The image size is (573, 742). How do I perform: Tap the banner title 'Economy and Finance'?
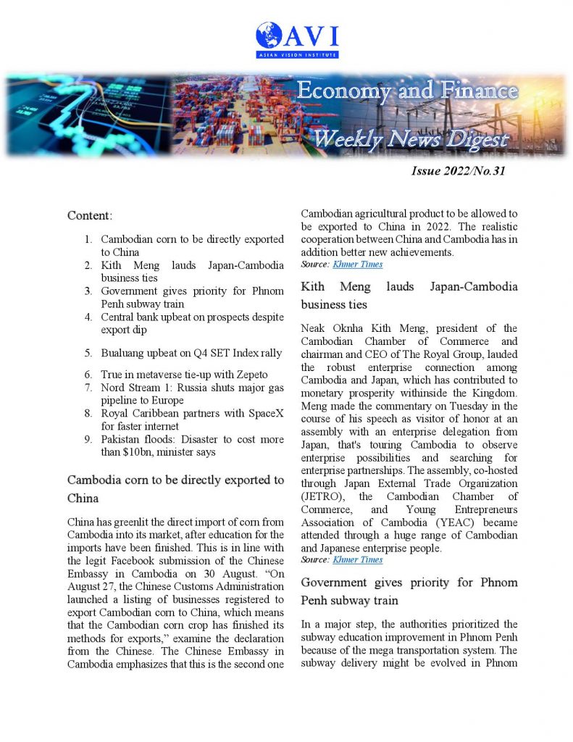(407, 91)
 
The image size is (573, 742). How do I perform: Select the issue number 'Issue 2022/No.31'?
(458, 172)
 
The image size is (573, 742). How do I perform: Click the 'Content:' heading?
(90, 215)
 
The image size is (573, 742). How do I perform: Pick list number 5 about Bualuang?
(88, 353)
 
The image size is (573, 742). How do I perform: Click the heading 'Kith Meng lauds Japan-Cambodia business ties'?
(409, 296)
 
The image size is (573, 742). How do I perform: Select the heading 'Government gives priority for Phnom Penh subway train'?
(409, 591)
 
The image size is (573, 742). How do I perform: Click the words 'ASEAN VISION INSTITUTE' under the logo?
(297, 54)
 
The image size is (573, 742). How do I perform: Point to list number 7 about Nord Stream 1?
(88, 387)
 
